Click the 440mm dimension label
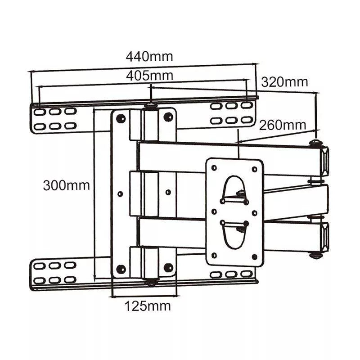(149, 57)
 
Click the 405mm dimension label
(149, 76)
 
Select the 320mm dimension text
(284, 82)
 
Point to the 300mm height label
(66, 185)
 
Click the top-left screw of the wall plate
(121, 118)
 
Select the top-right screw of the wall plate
(168, 117)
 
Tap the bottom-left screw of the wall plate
(121, 269)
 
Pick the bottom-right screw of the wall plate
(168, 268)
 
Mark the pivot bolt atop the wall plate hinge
(150, 107)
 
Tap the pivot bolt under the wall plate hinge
(150, 282)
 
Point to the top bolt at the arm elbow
(315, 143)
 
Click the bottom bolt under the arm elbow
(316, 255)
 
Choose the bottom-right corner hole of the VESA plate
(254, 256)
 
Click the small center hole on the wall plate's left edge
(120, 193)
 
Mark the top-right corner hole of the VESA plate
(254, 169)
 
